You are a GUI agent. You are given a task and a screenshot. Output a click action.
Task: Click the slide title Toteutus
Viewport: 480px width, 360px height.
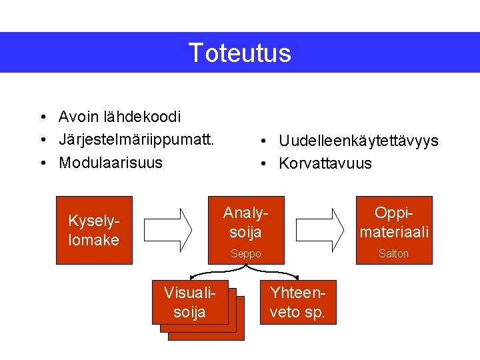coord(239,53)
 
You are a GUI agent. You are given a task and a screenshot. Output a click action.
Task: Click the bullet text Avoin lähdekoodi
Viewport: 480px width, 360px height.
coord(119,117)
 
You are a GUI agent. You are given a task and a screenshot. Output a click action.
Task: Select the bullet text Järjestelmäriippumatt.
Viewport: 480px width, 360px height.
coord(136,140)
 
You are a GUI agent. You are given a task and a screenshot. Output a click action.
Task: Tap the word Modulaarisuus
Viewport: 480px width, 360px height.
coord(110,163)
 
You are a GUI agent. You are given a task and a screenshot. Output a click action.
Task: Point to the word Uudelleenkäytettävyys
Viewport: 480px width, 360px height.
coord(358,141)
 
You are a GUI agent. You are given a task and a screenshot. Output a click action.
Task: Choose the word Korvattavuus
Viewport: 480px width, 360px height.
coord(325,163)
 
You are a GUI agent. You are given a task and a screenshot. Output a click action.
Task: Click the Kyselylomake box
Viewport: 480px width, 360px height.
coord(94,231)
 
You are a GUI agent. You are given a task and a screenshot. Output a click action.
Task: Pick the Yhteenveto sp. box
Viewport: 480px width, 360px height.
coord(297,302)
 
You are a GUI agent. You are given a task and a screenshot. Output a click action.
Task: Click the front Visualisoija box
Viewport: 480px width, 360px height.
coord(189,303)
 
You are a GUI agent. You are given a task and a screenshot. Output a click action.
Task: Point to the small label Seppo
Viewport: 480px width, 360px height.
coord(245,254)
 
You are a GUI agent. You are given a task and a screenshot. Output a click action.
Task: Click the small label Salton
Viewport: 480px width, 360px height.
coord(393,254)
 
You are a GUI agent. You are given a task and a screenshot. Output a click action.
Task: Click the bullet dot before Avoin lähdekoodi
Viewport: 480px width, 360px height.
coord(42,118)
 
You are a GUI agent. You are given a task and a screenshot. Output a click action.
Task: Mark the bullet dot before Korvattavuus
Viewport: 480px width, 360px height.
coord(264,164)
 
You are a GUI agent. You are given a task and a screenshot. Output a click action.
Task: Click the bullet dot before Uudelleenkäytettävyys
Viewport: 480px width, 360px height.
coord(264,141)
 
